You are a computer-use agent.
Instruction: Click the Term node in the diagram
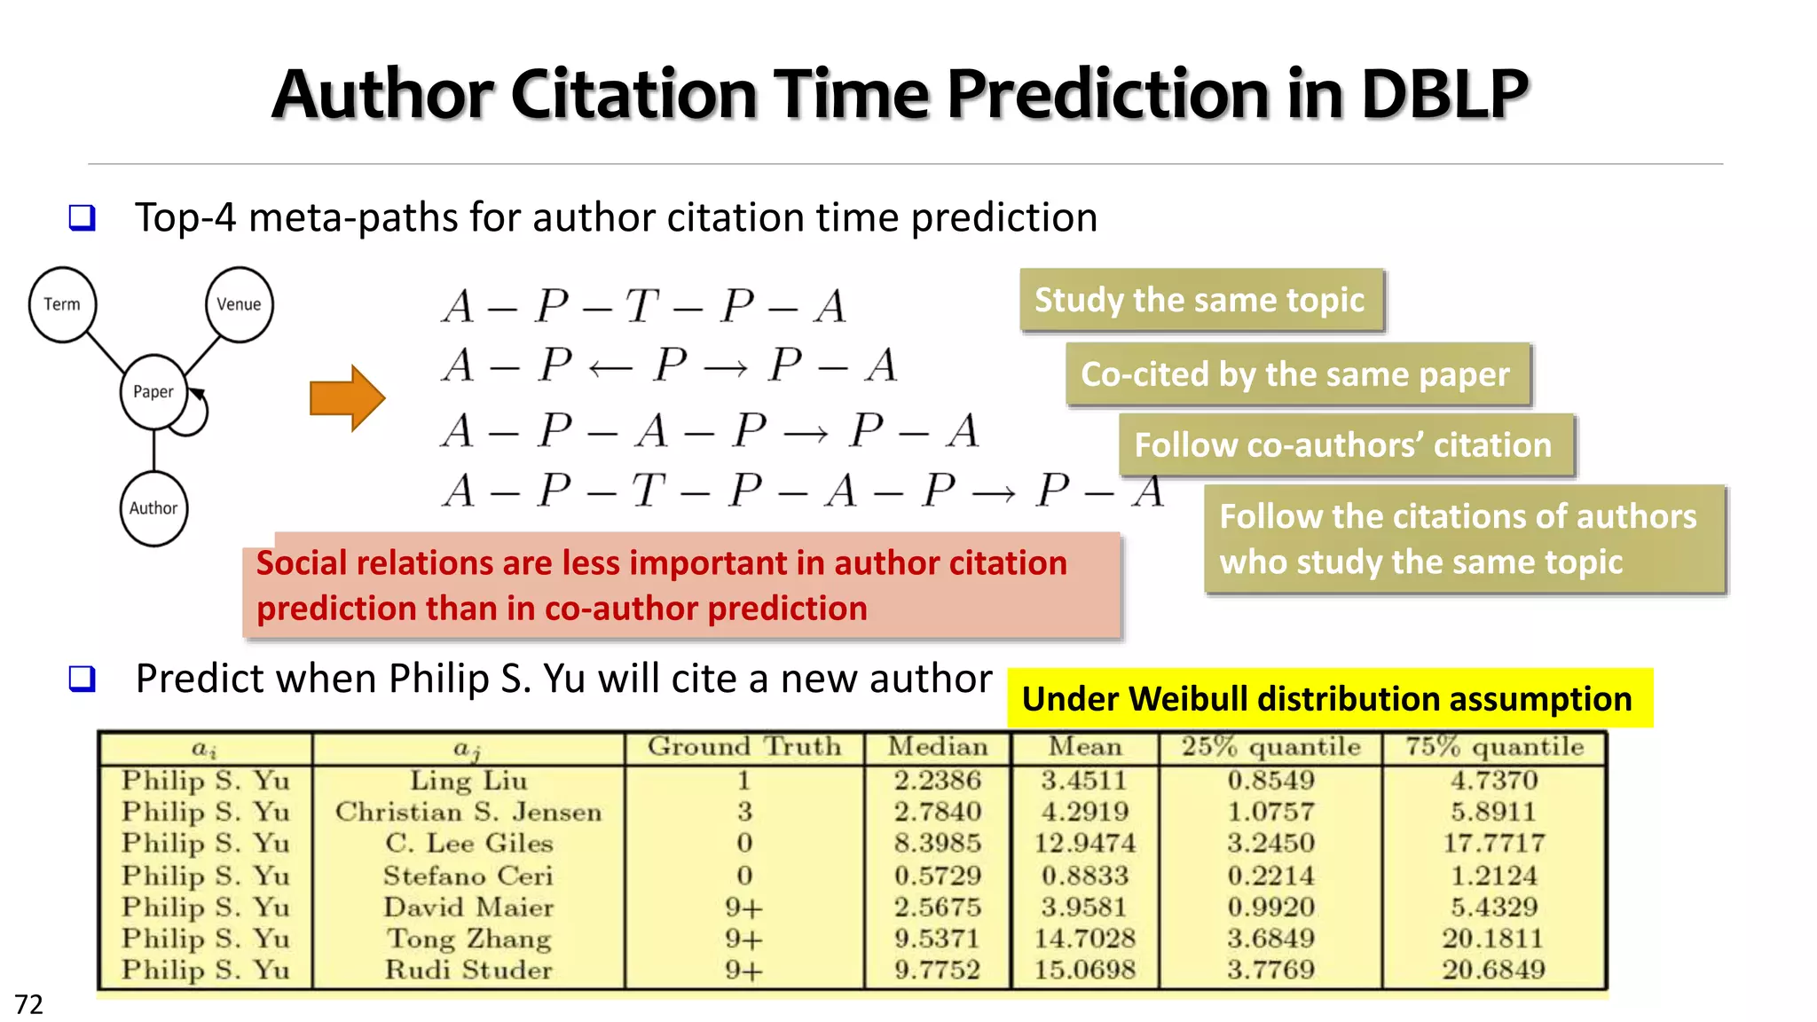tap(62, 304)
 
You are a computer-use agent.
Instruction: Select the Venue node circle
tap(239, 304)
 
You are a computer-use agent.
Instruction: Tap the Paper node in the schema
tap(153, 391)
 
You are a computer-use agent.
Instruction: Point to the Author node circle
tap(153, 508)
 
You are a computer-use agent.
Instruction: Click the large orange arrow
tap(347, 397)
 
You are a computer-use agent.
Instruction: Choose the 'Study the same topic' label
tap(1200, 300)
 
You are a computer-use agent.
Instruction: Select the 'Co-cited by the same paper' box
tap(1296, 374)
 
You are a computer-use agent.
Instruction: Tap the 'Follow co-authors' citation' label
tap(1344, 444)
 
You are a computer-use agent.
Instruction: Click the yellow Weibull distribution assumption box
tap(1328, 699)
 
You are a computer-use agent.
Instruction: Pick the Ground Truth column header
tap(743, 747)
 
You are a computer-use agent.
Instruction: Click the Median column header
tap(938, 747)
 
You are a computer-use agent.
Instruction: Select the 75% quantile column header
tap(1494, 747)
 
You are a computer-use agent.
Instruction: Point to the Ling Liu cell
tap(468, 781)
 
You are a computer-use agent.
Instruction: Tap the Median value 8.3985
tap(938, 843)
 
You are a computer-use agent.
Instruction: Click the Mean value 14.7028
tap(1085, 939)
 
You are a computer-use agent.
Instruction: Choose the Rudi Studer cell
tap(468, 970)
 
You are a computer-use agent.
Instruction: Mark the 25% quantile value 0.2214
tap(1270, 876)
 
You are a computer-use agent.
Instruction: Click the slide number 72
tap(29, 1004)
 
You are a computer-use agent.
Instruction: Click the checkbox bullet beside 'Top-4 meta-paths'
tap(82, 217)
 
